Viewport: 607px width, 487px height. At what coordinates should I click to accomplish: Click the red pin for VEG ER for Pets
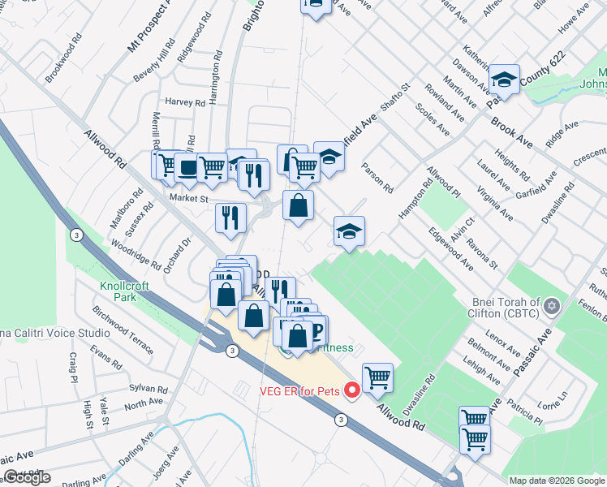[x=352, y=391]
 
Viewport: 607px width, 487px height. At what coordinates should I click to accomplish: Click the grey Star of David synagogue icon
[x=553, y=307]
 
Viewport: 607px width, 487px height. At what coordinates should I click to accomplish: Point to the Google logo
[x=27, y=477]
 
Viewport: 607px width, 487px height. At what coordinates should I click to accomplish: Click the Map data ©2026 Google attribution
[x=556, y=481]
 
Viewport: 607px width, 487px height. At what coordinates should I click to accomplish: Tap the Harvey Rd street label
[x=184, y=103]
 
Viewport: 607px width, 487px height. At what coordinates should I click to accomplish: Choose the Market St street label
[x=189, y=198]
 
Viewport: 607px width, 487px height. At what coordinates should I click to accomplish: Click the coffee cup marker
[x=188, y=167]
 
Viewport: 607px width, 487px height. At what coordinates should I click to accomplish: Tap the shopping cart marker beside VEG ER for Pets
[x=377, y=377]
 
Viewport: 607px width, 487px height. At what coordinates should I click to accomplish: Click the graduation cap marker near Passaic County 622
[x=505, y=80]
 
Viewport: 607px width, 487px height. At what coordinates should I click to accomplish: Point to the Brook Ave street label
[x=511, y=131]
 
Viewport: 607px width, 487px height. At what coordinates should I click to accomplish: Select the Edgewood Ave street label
[x=455, y=249]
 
